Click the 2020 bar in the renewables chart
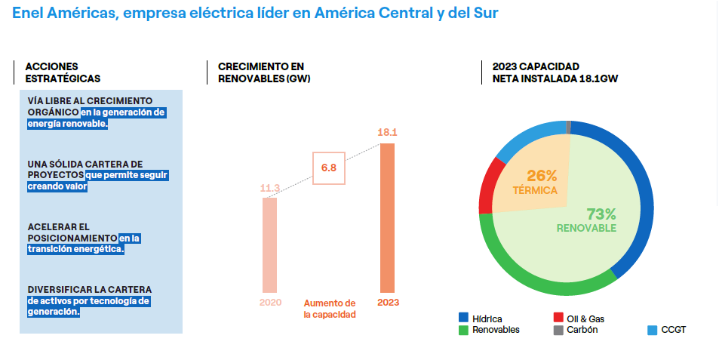coord(269,245)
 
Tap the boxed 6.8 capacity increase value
coord(329,168)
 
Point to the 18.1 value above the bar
coord(387,133)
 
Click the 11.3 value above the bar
coord(270,187)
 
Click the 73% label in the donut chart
coord(601,214)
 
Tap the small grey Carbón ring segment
coord(568,127)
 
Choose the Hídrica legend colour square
coord(463,318)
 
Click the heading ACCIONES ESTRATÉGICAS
coord(63,72)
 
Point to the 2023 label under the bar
coord(388,302)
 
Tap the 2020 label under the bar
coord(270,302)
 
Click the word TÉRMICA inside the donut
coord(535,190)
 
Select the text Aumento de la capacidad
coord(330,308)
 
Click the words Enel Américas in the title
coord(62,13)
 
